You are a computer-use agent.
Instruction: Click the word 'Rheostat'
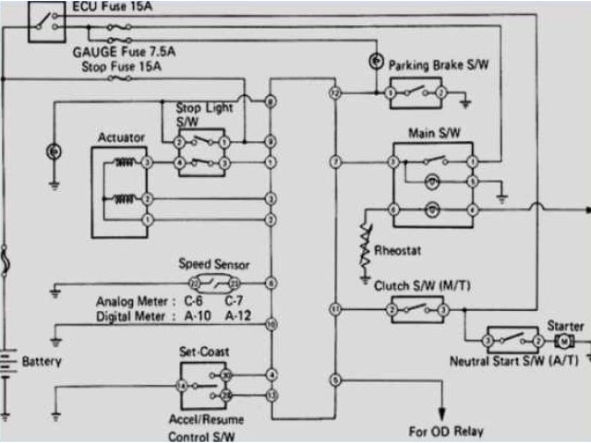click(399, 250)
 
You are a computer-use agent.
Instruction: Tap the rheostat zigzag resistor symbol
click(367, 241)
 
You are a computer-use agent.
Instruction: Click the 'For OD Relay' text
click(446, 431)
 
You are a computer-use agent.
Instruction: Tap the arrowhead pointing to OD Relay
click(443, 413)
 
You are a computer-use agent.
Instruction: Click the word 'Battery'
click(42, 361)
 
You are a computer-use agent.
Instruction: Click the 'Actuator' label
click(121, 138)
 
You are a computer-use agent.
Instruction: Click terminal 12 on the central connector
click(335, 93)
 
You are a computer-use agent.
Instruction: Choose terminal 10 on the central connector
click(271, 324)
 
